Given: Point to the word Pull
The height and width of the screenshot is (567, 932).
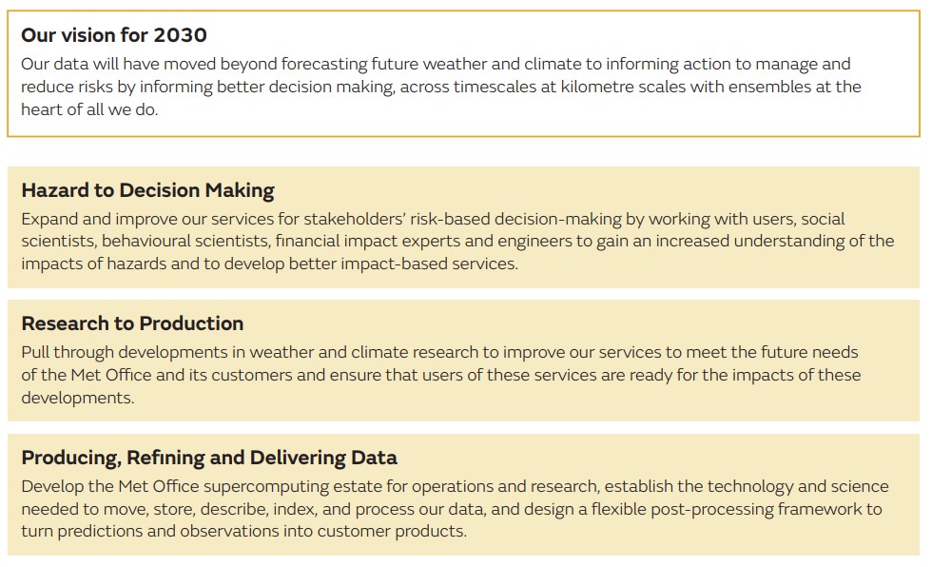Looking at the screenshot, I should (37, 352).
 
